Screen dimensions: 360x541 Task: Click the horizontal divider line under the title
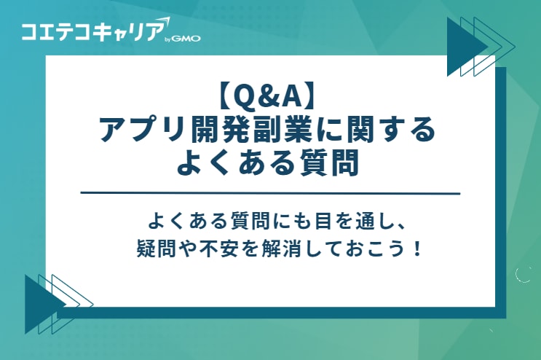tap(270, 193)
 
